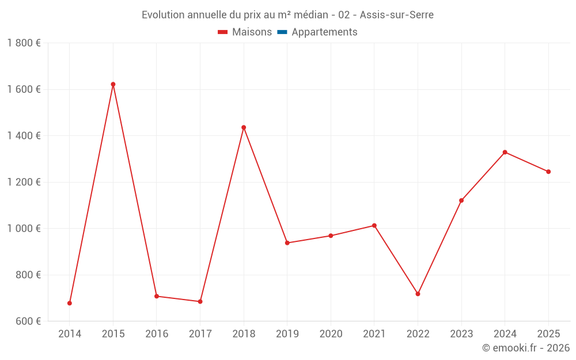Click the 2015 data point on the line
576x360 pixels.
pyautogui.click(x=113, y=84)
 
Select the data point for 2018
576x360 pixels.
pyautogui.click(x=244, y=127)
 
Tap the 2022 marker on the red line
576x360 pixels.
pyautogui.click(x=418, y=294)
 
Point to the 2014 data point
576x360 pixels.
pyautogui.click(x=70, y=303)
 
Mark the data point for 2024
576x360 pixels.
pyautogui.click(x=505, y=152)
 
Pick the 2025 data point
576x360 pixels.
pyautogui.click(x=548, y=172)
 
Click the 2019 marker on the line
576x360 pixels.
pyautogui.click(x=287, y=243)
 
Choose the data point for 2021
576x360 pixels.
pyautogui.click(x=374, y=225)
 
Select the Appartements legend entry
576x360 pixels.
pyautogui.click(x=324, y=32)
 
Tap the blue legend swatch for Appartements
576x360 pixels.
pyautogui.click(x=282, y=32)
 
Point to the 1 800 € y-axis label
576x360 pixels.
pyautogui.click(x=24, y=43)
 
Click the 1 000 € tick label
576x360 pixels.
pyautogui.click(x=24, y=229)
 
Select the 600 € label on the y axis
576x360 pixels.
pyautogui.click(x=28, y=321)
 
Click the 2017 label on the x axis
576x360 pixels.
pyautogui.click(x=200, y=334)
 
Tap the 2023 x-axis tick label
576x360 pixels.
pyautogui.click(x=461, y=334)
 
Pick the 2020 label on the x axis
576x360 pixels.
pyautogui.click(x=331, y=334)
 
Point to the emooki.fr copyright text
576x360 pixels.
pyautogui.click(x=525, y=348)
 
